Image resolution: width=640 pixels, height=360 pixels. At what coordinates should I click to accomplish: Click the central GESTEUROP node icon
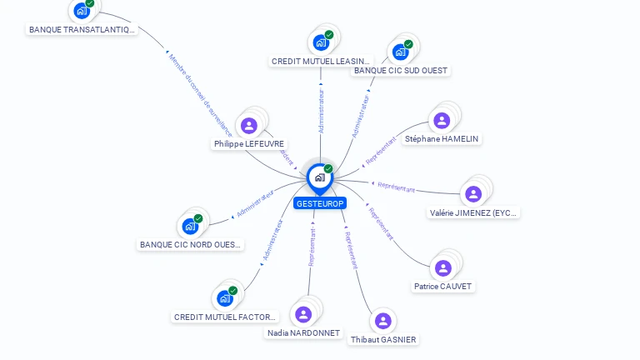319,177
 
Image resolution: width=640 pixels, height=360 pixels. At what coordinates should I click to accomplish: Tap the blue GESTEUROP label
319,203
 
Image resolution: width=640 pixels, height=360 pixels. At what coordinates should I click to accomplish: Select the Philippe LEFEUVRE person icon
248,126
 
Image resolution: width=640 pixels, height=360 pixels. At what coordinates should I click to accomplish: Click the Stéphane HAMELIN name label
442,139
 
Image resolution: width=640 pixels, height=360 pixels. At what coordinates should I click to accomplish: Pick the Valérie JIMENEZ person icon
473,194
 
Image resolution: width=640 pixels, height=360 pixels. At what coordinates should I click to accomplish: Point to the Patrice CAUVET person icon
442,267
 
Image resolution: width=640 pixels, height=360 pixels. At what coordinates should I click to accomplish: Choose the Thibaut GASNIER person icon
382,321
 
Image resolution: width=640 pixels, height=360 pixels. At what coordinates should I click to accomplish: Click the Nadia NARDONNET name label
303,333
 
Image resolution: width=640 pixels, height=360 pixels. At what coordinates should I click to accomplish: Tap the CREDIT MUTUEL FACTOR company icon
224,297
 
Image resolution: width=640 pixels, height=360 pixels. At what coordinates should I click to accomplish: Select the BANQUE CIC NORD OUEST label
191,245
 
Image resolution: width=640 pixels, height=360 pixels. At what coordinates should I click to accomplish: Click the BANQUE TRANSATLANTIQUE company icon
81,11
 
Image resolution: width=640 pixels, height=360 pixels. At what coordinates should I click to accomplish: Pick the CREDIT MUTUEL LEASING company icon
321,42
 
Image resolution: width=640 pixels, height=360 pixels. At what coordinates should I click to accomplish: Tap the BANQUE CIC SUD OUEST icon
400,52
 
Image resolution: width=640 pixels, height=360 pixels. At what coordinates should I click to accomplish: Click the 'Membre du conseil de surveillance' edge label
200,95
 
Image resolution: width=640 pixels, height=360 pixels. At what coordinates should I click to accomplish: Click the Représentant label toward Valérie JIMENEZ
396,187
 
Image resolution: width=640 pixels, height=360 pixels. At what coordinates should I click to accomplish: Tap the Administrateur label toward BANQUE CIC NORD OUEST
255,202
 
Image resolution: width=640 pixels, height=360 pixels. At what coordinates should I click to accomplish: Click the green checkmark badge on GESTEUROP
328,168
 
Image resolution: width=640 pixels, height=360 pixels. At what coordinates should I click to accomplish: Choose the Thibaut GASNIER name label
383,340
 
